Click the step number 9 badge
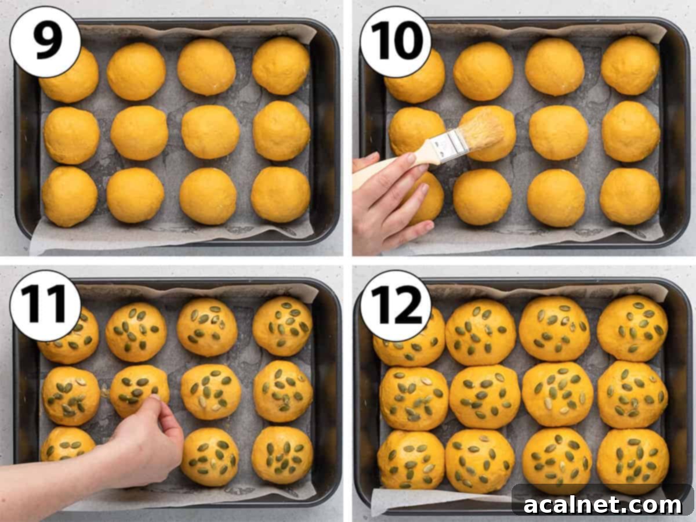pos(45,42)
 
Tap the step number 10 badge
pos(396,42)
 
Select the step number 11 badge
pos(45,305)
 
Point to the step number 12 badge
pos(396,305)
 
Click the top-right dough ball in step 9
pos(281,66)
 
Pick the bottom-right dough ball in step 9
pos(280,195)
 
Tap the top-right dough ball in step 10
pos(630,66)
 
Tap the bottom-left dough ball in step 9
pos(70,197)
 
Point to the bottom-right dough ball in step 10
pos(630,197)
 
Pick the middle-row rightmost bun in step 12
pos(633,394)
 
